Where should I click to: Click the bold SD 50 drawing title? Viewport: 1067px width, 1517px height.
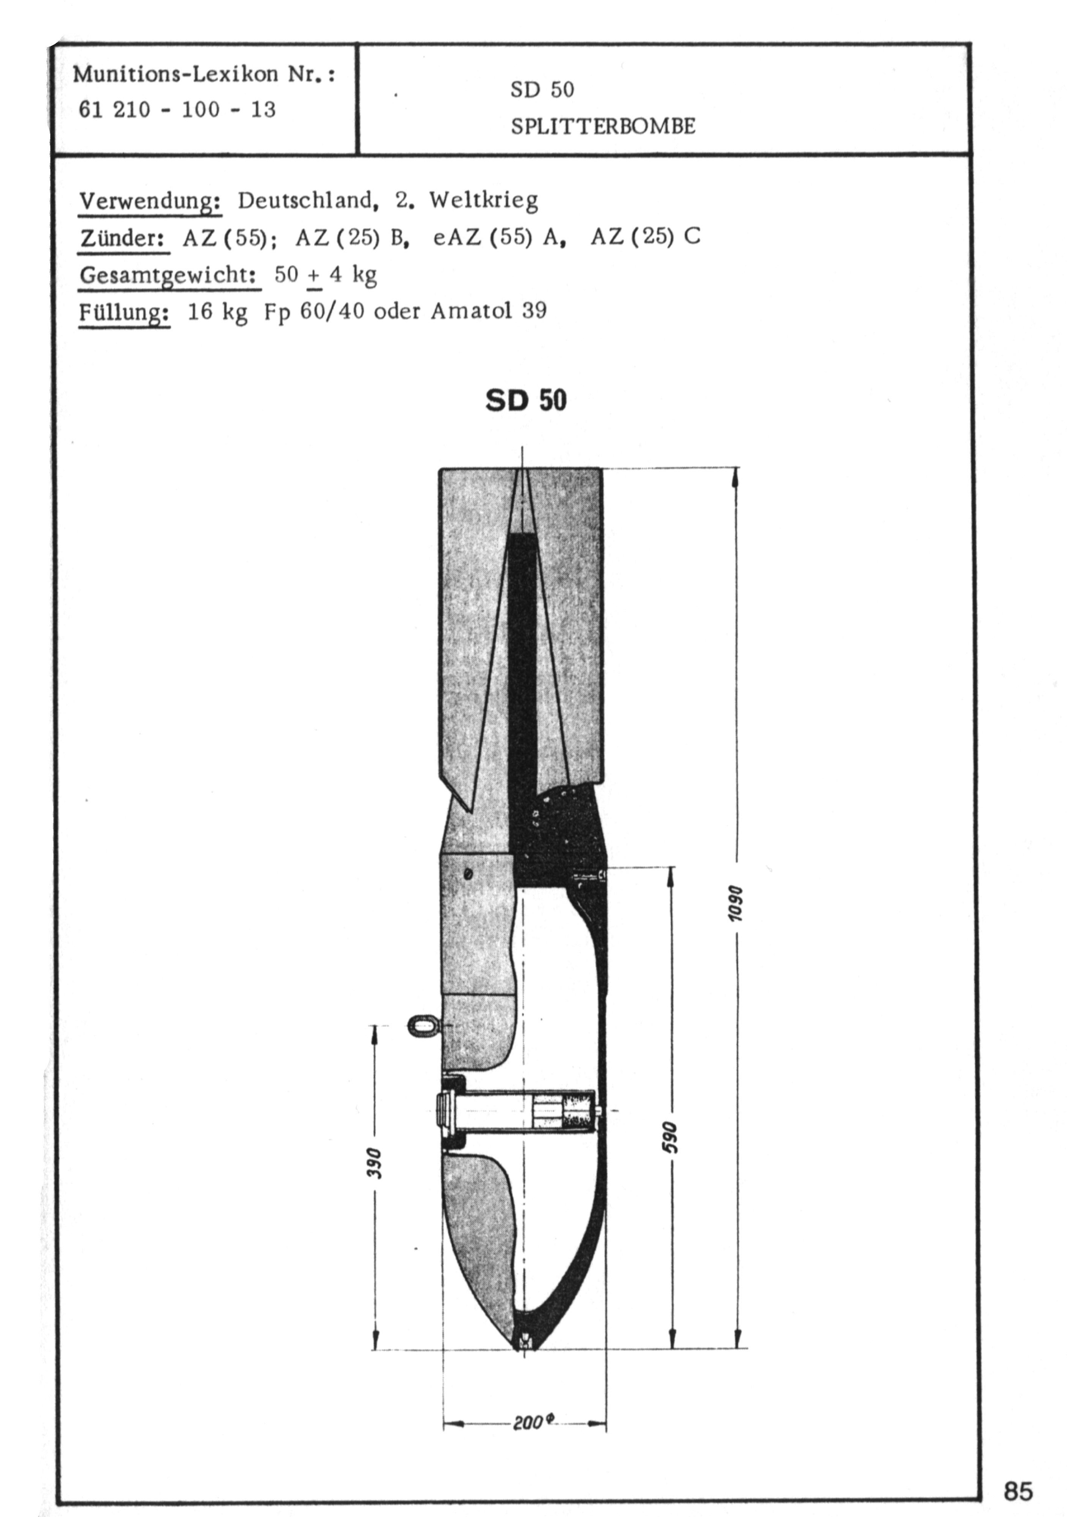tap(526, 400)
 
